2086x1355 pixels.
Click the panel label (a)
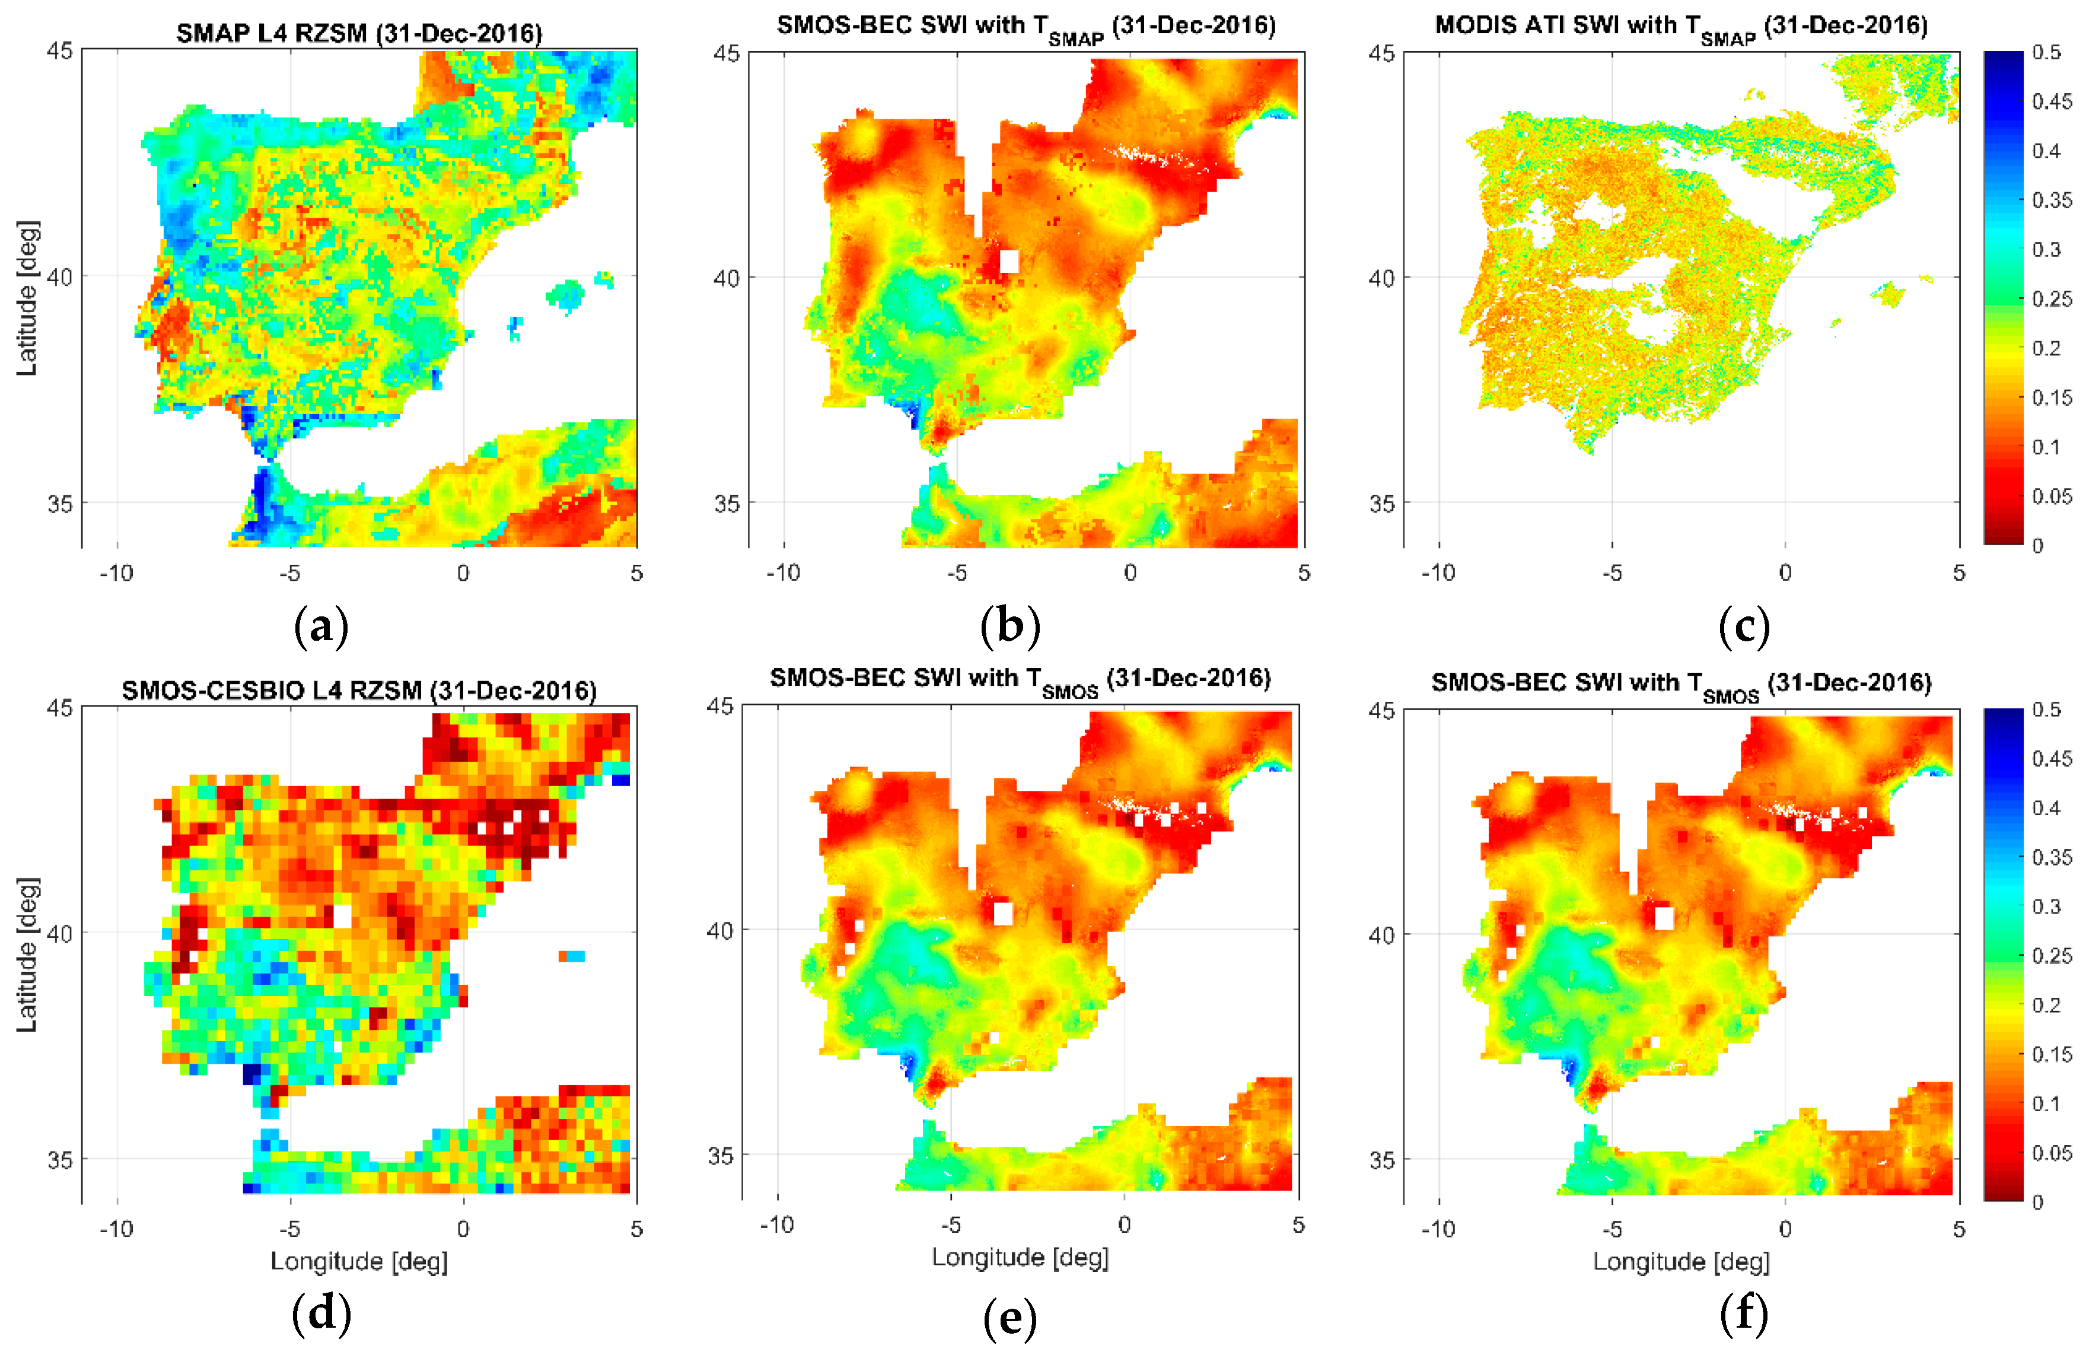point(321,628)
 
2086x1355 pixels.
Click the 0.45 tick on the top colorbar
point(2052,101)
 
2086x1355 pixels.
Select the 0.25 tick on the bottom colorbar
point(2052,955)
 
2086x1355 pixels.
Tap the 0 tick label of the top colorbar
point(2038,545)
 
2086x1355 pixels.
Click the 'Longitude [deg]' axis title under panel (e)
point(1020,1258)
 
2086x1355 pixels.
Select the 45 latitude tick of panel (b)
point(727,53)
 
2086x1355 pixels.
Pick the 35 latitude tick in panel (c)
point(1381,504)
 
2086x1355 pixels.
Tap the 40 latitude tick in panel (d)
point(59,933)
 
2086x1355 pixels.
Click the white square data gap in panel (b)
point(1009,261)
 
